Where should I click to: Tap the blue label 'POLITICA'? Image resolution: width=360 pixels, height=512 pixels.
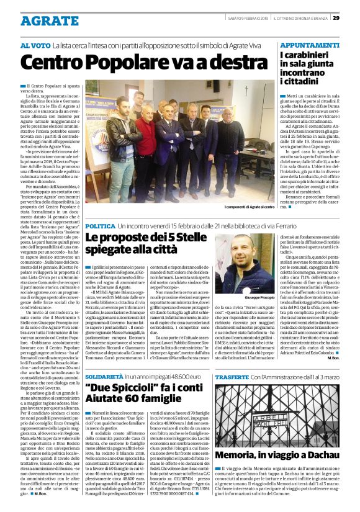100,227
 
